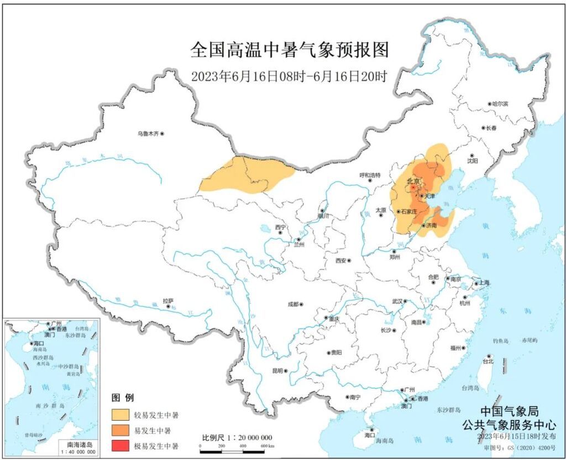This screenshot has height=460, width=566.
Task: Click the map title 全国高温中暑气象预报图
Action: pos(289,50)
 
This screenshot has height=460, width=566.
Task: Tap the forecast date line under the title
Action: pos(289,77)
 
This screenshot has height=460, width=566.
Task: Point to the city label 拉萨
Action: pos(167,301)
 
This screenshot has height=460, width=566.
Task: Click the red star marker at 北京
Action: pos(414,188)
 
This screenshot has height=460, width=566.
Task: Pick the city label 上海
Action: pos(485,282)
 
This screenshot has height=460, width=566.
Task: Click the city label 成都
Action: pos(292,304)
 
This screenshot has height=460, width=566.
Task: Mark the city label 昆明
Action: pos(277,370)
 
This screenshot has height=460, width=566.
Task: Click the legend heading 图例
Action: pos(123,397)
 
